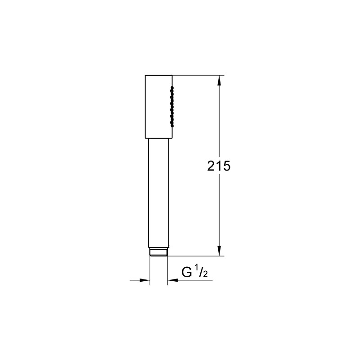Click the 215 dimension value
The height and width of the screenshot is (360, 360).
[219, 166]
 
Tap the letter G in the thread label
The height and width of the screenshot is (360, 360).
[187, 272]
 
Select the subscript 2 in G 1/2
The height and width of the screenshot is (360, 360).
[205, 274]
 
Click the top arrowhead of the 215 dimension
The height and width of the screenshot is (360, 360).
[219, 81]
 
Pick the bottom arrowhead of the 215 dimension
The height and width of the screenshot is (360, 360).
[219, 251]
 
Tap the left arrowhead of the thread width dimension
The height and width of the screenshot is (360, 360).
[144, 280]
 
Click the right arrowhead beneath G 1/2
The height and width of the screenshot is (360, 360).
[173, 280]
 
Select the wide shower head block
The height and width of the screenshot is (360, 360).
[159, 107]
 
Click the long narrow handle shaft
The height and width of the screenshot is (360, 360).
[159, 193]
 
